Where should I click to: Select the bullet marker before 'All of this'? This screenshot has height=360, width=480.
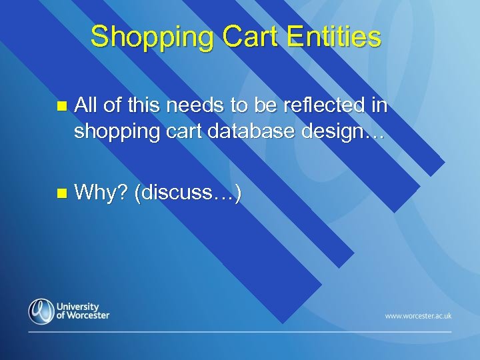[61, 106]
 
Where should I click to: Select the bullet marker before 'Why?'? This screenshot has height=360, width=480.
[61, 194]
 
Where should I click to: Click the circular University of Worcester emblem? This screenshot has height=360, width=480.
[41, 311]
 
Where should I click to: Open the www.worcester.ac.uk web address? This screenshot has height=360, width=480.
[418, 315]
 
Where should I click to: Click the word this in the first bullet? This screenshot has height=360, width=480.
[139, 105]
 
